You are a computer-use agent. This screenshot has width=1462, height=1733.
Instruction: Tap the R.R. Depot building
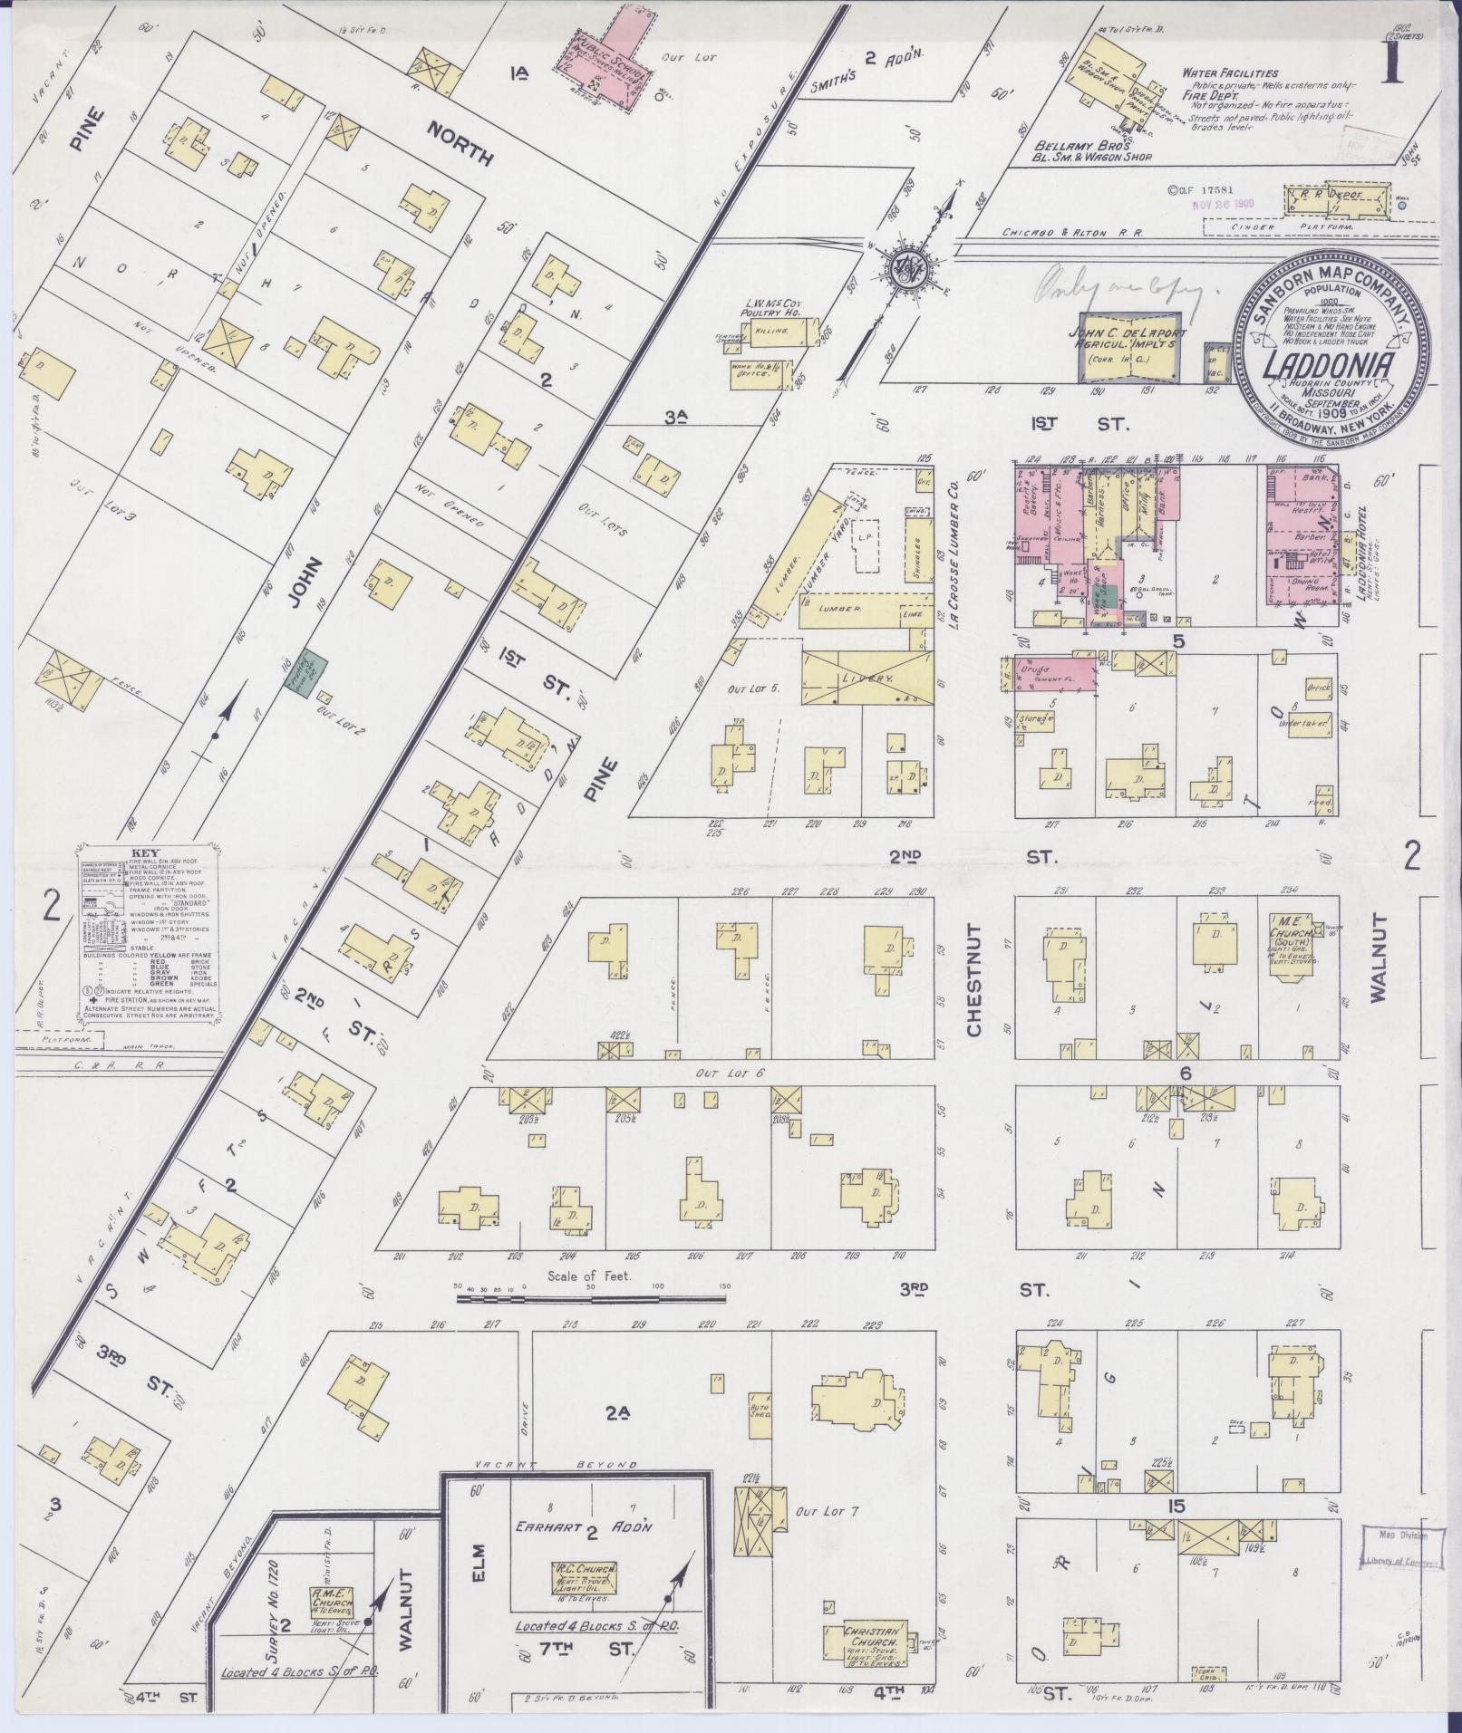1338,197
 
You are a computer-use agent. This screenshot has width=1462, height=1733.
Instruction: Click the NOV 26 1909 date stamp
1223,204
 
